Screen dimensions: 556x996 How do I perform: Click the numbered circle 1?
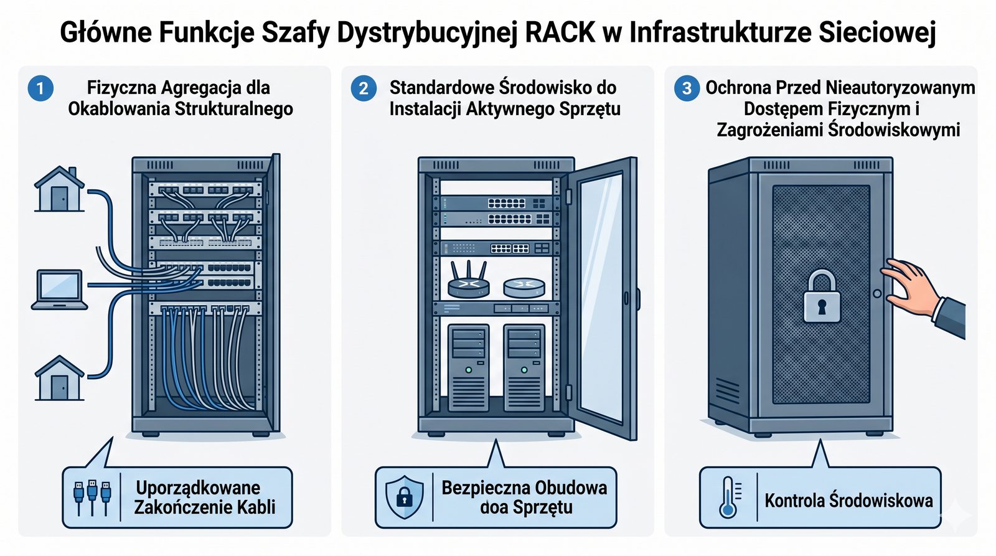[x=40, y=88]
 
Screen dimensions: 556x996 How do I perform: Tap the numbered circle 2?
[x=364, y=88]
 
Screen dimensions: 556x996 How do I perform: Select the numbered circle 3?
[x=687, y=88]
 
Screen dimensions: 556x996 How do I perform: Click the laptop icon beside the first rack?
[x=59, y=290]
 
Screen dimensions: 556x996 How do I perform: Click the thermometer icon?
[x=728, y=497]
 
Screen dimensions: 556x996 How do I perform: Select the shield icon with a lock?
[x=404, y=497]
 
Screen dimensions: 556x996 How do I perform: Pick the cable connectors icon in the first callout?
[x=92, y=497]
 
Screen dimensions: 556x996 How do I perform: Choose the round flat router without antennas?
[x=524, y=286]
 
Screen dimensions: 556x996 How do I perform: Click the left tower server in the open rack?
[x=468, y=367]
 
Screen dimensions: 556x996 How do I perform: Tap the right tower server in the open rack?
[x=524, y=367]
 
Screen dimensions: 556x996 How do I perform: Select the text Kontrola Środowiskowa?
[x=848, y=501]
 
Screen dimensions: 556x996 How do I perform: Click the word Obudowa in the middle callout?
[x=568, y=488]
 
